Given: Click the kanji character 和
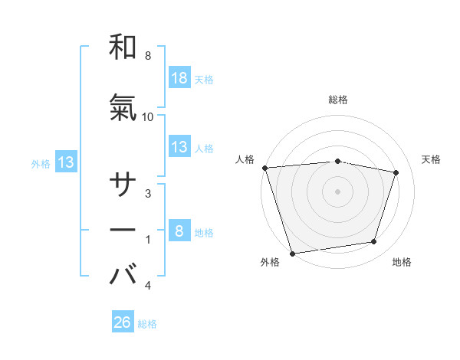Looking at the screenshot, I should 123,47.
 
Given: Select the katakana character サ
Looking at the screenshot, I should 123,185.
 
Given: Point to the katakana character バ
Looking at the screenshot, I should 123,274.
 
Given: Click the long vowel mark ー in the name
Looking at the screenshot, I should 123,230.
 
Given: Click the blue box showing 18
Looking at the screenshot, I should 179,77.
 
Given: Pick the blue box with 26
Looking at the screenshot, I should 123,322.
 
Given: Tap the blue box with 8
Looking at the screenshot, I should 179,231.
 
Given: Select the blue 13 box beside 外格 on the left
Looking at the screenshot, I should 66,162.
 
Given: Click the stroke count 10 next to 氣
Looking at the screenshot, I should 148,116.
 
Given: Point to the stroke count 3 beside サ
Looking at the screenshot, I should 148,194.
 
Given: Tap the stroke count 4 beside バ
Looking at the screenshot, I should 148,286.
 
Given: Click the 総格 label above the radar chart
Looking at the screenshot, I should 338,100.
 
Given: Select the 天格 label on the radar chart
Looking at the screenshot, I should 432,159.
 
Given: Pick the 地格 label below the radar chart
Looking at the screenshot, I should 402,262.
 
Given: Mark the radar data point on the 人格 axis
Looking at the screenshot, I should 264,168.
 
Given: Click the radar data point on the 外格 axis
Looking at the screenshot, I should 292,253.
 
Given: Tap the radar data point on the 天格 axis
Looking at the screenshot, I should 396,172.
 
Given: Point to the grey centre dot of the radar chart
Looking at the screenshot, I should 338,191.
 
